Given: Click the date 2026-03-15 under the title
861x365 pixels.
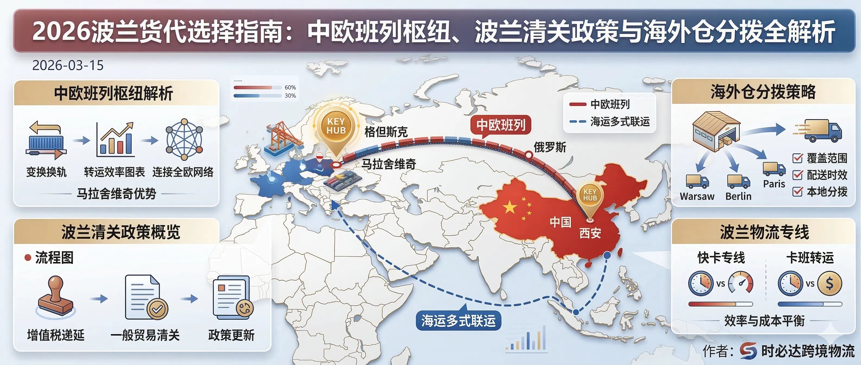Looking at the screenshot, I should click(x=68, y=65).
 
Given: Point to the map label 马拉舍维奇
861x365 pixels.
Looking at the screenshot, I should click(x=389, y=164).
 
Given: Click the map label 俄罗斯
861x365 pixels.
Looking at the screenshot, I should click(x=550, y=147).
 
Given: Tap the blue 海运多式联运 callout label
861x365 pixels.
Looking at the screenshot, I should click(x=458, y=321).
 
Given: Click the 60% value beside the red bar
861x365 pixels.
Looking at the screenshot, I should click(x=290, y=88).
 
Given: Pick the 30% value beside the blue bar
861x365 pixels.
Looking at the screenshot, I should click(x=290, y=96).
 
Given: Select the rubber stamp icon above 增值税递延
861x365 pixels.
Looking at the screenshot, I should click(x=55, y=296).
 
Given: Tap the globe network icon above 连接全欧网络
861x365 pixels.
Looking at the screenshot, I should click(x=184, y=139).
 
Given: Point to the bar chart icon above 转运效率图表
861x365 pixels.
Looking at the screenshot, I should click(x=115, y=140).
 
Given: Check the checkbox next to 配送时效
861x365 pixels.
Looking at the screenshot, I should click(x=797, y=175).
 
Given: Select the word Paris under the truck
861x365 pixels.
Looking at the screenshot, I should click(x=774, y=184).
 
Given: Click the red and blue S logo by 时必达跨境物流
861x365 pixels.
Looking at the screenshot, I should click(x=748, y=351).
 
